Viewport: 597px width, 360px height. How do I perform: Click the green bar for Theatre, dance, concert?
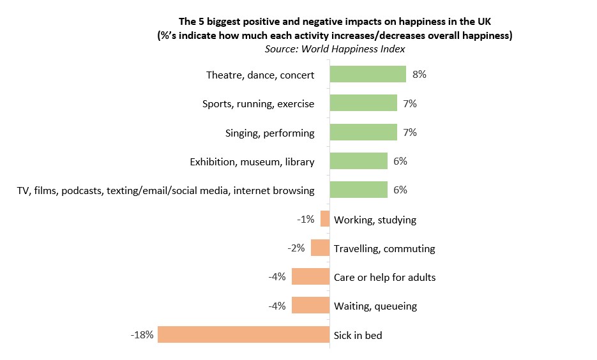pyautogui.click(x=368, y=75)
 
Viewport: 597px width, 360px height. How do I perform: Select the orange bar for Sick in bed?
pyautogui.click(x=243, y=334)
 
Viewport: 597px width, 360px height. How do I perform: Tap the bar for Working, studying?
pyautogui.click(x=325, y=219)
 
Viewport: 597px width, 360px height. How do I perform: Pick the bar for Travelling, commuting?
pyautogui.click(x=320, y=248)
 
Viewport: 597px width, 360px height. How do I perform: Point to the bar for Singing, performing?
pyautogui.click(x=363, y=132)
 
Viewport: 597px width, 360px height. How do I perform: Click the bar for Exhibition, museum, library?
pyautogui.click(x=358, y=161)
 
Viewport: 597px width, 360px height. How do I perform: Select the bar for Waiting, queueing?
pyautogui.click(x=310, y=306)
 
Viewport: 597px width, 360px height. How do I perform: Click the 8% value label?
pyautogui.click(x=419, y=75)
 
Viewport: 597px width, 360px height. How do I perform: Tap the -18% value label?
pyautogui.click(x=142, y=334)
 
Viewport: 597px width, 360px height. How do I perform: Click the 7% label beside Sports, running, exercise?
pyautogui.click(x=410, y=103)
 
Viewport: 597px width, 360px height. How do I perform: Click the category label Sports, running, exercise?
pyautogui.click(x=258, y=104)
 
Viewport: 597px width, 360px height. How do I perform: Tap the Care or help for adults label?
pyautogui.click(x=384, y=278)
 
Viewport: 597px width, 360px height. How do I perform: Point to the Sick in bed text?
pyautogui.click(x=358, y=335)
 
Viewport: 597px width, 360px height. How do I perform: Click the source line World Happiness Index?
pyautogui.click(x=335, y=48)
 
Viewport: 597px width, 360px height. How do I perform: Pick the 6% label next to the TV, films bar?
pyautogui.click(x=400, y=190)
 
